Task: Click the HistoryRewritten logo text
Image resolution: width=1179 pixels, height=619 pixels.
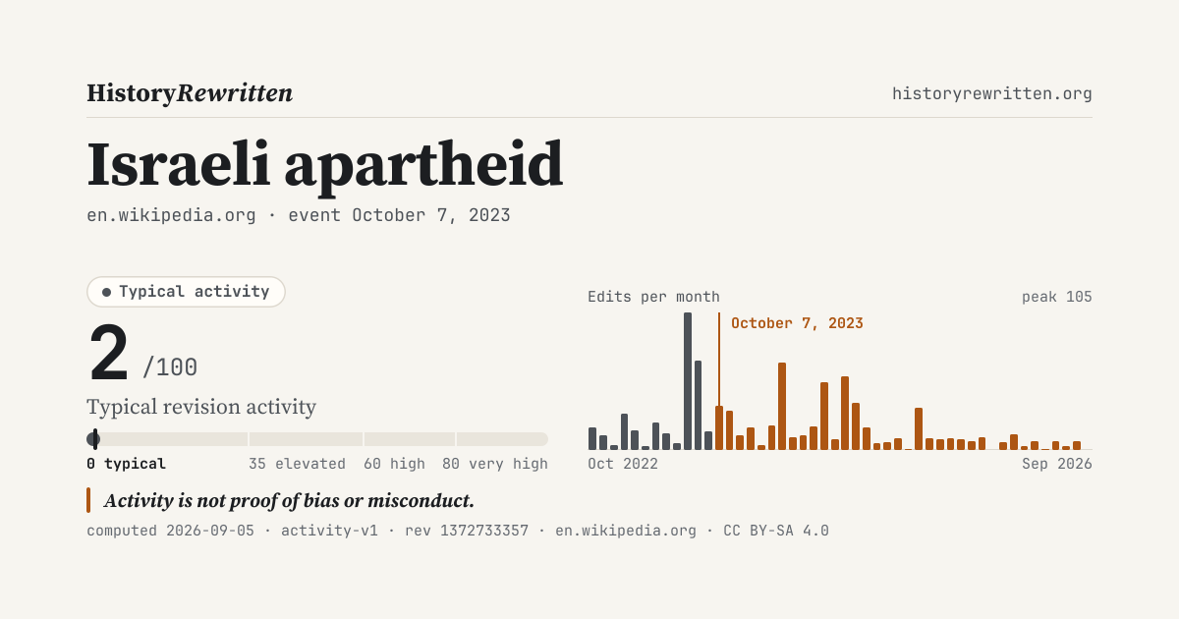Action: tap(190, 93)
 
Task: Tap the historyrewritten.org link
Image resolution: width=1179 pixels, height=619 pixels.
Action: tap(991, 93)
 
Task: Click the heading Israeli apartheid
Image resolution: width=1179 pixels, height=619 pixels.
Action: tap(325, 165)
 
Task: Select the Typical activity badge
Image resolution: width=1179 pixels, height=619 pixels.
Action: tap(186, 292)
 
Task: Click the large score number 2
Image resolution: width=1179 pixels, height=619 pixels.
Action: tap(108, 353)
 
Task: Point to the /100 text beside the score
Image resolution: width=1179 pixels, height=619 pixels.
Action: tap(170, 366)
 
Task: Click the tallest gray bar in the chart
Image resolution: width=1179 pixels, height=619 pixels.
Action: tap(688, 381)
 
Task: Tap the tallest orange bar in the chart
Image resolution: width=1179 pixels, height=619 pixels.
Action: tap(782, 407)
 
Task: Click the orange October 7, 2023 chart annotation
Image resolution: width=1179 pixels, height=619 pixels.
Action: tap(797, 323)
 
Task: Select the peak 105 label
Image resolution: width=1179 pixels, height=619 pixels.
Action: tap(1057, 297)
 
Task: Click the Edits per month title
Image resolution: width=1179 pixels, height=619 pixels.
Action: tap(653, 297)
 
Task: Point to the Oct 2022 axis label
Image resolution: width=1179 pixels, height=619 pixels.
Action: tap(623, 464)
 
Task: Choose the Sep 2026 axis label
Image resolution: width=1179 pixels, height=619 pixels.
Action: tap(1057, 464)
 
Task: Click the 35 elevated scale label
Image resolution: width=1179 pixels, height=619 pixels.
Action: tap(297, 464)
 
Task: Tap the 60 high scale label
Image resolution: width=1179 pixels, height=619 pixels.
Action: tap(394, 464)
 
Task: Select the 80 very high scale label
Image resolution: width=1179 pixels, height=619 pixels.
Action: tap(495, 464)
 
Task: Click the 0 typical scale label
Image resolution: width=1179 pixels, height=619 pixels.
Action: tap(127, 464)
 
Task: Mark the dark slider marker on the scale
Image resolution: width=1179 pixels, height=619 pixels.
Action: tap(94, 439)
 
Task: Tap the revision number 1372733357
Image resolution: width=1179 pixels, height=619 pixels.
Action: tap(484, 531)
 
